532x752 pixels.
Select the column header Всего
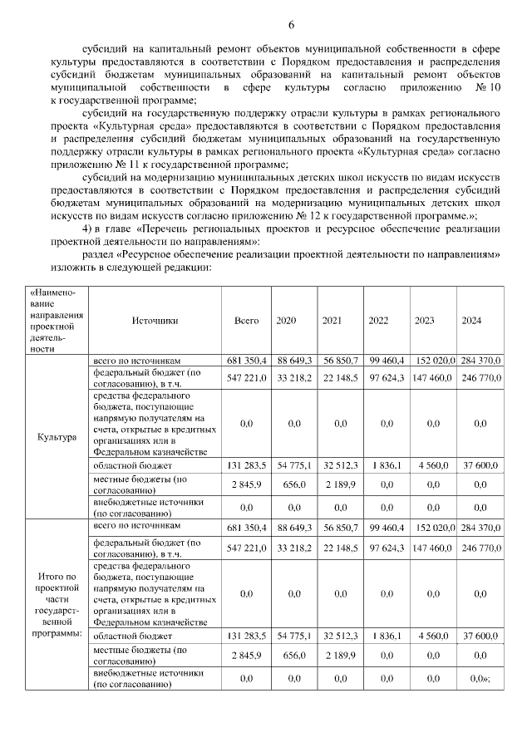pyautogui.click(x=246, y=321)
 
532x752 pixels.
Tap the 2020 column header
pyautogui.click(x=286, y=321)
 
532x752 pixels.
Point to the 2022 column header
pyautogui.click(x=378, y=321)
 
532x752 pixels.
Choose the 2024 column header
pyautogui.click(x=471, y=321)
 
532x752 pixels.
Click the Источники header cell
pyautogui.click(x=155, y=321)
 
